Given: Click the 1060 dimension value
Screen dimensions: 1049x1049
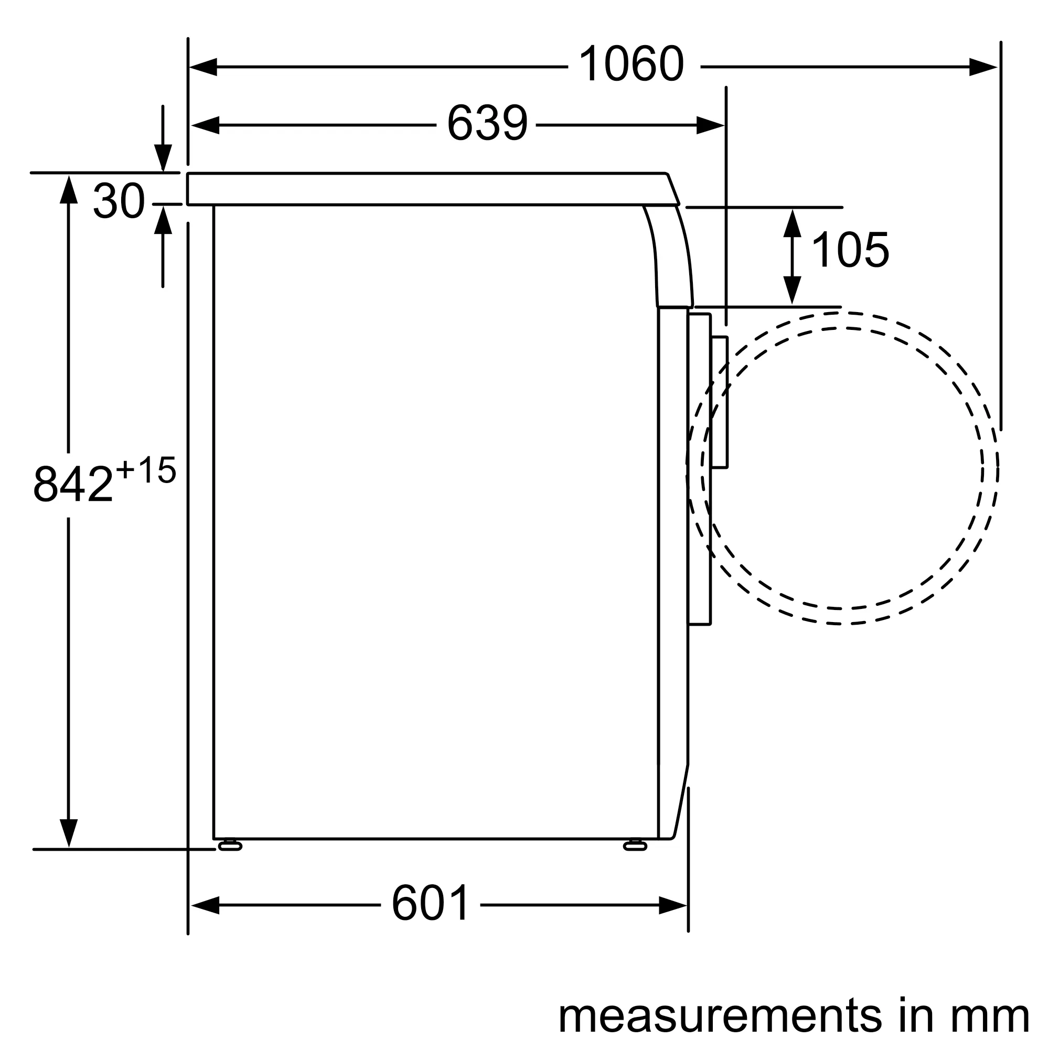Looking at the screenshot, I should click(x=631, y=65).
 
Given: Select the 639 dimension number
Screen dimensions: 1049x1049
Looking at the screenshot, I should click(x=487, y=124).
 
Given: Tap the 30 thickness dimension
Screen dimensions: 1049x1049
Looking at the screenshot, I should click(x=119, y=201).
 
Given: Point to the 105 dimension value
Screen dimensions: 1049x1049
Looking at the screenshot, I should click(x=850, y=250).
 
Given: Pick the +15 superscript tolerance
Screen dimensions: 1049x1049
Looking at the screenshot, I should click(x=146, y=470).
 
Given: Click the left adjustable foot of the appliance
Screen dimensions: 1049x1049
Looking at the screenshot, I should click(x=230, y=846).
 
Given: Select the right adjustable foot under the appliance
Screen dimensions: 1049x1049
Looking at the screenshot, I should click(x=635, y=846).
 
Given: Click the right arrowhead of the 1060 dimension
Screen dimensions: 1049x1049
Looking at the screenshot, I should click(x=983, y=67).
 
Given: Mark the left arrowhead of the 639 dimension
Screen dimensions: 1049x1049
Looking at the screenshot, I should click(x=205, y=125).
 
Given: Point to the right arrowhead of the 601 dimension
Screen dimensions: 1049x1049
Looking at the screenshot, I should click(x=673, y=905).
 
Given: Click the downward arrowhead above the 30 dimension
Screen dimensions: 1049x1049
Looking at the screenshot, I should click(x=163, y=157).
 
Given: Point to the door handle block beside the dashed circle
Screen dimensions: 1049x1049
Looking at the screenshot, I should click(x=720, y=402).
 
